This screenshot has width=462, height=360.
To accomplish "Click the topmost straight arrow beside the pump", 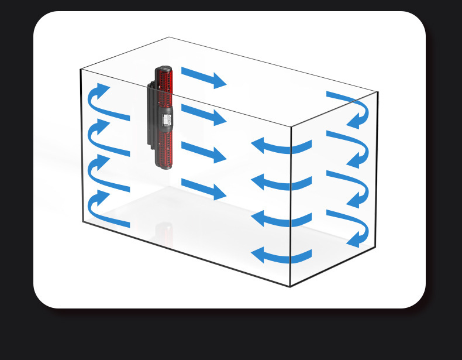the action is (x=203, y=77).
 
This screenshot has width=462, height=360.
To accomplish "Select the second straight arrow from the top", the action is (x=203, y=114).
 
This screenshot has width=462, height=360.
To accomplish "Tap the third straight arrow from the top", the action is (x=203, y=152).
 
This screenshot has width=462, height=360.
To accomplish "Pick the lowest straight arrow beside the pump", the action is (x=203, y=189).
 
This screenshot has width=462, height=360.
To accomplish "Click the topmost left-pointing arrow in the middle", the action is (x=281, y=146).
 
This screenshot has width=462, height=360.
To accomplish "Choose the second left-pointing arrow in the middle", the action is (x=281, y=183).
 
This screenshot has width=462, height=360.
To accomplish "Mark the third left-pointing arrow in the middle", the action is (x=281, y=219).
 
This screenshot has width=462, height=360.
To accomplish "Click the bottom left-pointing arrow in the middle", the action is (x=281, y=255).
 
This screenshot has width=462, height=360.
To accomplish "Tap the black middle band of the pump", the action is (x=164, y=117).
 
